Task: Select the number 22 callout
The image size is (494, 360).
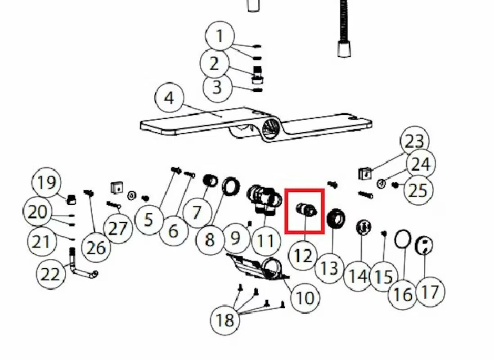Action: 50,273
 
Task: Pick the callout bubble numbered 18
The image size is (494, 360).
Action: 225,320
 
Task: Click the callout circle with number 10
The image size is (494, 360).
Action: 305,297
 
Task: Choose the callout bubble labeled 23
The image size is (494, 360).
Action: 414,141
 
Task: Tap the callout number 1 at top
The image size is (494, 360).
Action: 220,36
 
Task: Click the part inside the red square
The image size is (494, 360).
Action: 306,210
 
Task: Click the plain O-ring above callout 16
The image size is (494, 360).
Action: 403,239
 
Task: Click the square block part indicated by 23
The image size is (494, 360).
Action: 364,173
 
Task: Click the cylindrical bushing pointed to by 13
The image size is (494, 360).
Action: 336,219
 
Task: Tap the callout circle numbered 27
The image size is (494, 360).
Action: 118,228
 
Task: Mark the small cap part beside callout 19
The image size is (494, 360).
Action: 71,199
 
